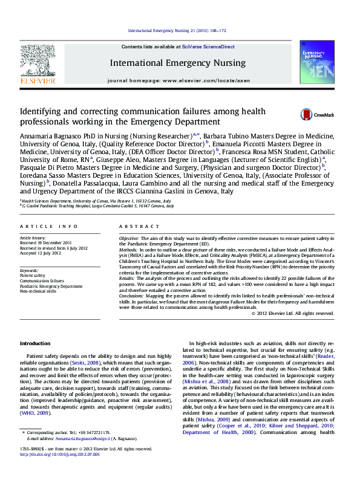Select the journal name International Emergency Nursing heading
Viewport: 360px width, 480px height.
[177, 63]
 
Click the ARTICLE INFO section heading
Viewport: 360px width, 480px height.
[49, 225]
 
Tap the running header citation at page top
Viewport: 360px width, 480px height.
[177, 30]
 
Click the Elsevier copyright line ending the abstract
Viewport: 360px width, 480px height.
[292, 313]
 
